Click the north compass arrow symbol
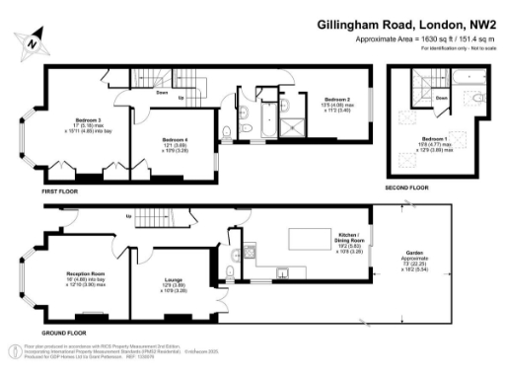[32, 40]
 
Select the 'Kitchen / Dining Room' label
[351, 238]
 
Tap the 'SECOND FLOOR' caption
[406, 187]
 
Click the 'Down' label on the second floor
[442, 98]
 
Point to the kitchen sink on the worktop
[283, 268]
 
